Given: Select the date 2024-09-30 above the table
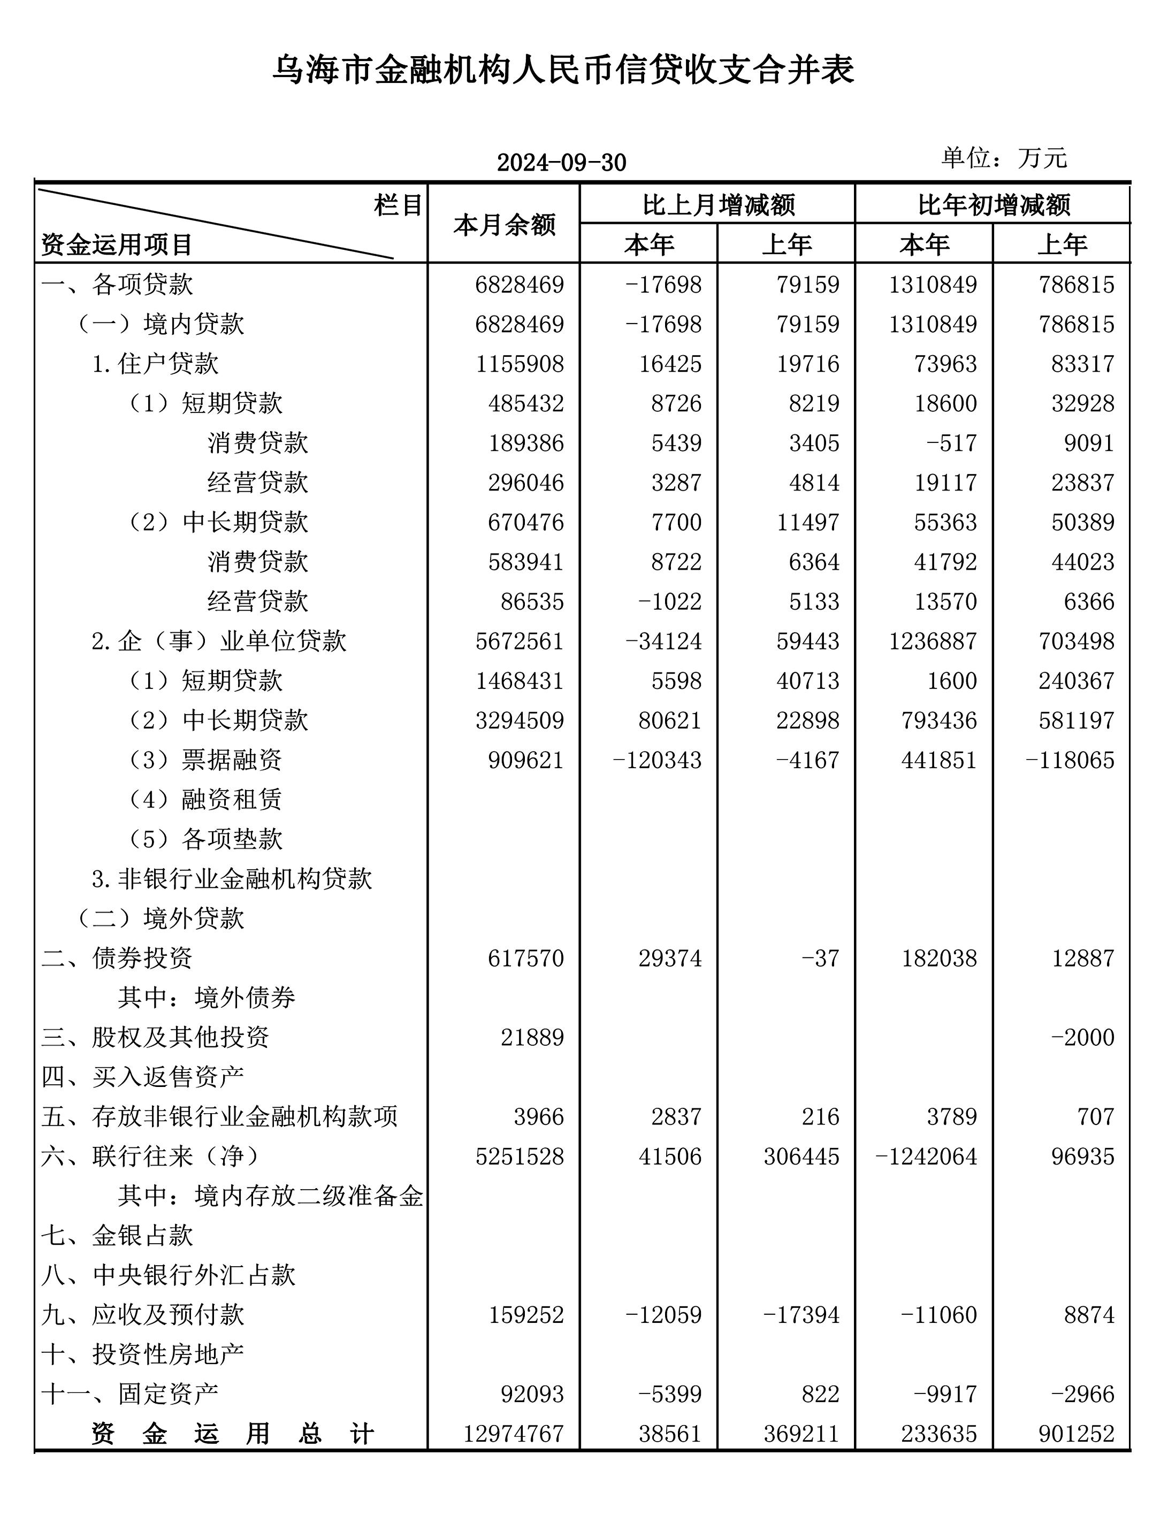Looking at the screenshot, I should (x=561, y=163).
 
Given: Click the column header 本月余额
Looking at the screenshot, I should (x=504, y=225).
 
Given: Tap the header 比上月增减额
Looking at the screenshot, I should (x=718, y=205).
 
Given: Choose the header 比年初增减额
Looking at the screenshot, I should (x=994, y=205).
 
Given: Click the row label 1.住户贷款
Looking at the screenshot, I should (x=155, y=363).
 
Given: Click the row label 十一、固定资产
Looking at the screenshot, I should (x=129, y=1394).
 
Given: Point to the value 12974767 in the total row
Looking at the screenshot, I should (x=513, y=1434).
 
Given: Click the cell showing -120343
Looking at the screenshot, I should (x=657, y=760).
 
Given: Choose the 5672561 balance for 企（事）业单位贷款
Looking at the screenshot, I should (x=520, y=641).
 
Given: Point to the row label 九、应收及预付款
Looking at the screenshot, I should (x=142, y=1315).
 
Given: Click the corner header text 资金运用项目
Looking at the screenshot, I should (x=116, y=244).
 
